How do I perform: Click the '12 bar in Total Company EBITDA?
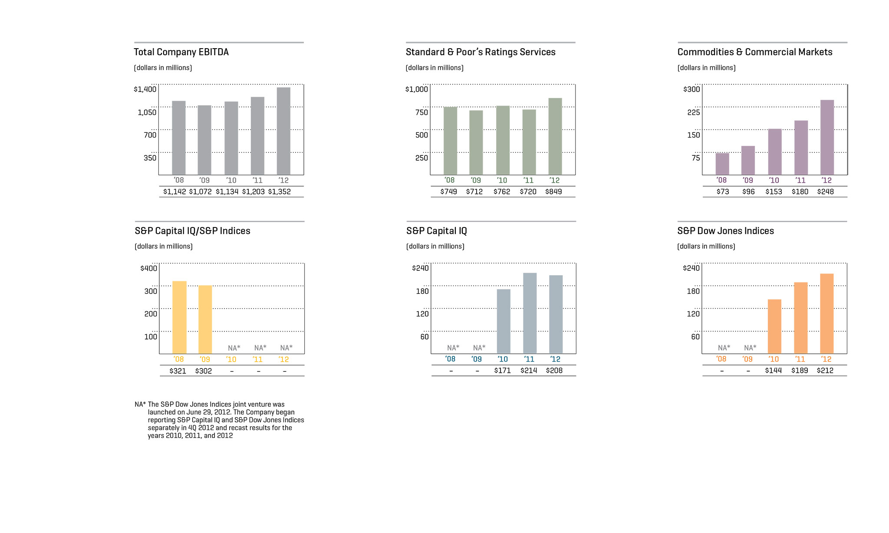[x=283, y=131]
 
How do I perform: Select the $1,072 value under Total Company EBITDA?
[x=200, y=192]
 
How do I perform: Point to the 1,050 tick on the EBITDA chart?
[x=147, y=112]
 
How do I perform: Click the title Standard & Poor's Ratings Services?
[x=481, y=52]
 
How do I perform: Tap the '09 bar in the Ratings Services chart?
[x=476, y=142]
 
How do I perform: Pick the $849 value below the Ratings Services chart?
[x=553, y=192]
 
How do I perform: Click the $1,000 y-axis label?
[x=416, y=89]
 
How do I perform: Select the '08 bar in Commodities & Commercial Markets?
[x=722, y=164]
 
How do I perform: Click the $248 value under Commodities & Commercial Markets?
[x=825, y=192]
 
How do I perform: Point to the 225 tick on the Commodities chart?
[x=693, y=112]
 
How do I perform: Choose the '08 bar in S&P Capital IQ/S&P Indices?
[x=179, y=317]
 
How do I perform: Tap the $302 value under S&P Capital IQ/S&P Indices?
[x=203, y=371]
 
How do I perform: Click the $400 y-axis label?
[x=148, y=268]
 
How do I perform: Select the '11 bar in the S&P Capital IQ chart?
[x=530, y=313]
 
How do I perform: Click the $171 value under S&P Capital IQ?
[x=502, y=371]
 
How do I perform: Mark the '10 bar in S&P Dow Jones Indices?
[x=774, y=326]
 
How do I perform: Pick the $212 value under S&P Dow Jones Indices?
[x=825, y=371]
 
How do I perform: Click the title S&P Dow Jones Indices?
[x=725, y=231]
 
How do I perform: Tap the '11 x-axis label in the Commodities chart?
[x=800, y=181]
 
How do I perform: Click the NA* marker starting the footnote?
[x=140, y=405]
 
